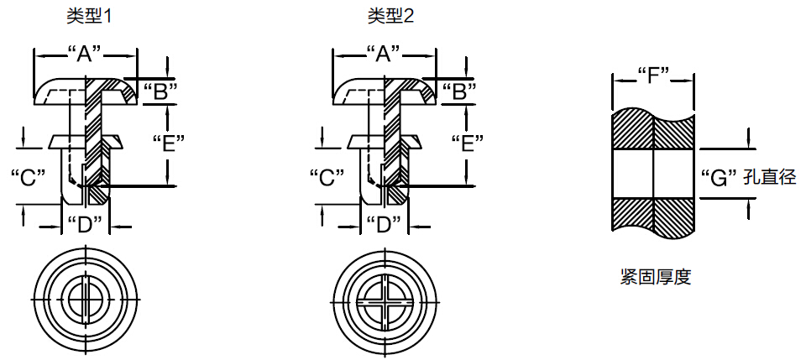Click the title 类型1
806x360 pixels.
click(x=89, y=16)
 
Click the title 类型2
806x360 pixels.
click(x=390, y=16)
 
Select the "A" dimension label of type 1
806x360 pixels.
click(x=84, y=55)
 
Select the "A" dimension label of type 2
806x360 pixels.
click(x=385, y=55)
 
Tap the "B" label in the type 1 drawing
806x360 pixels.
click(x=160, y=91)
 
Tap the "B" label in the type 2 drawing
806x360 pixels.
click(x=459, y=91)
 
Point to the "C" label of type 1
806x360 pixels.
click(x=28, y=177)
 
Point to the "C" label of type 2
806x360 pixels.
click(x=327, y=177)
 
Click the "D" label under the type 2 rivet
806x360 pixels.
click(x=385, y=224)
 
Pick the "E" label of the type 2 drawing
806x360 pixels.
click(x=466, y=143)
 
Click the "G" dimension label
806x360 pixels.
click(x=718, y=177)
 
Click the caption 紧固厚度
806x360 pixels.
click(x=655, y=277)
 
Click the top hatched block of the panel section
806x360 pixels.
click(x=652, y=130)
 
